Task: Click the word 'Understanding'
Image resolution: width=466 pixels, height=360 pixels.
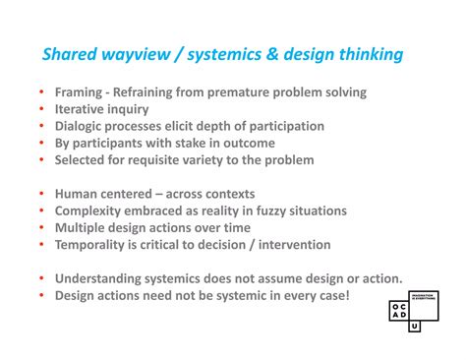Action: [103, 278]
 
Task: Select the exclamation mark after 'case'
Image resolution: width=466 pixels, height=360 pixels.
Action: [346, 295]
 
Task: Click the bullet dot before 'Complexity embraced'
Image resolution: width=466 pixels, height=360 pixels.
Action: [41, 210]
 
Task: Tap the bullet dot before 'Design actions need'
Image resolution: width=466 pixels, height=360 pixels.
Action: [41, 295]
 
